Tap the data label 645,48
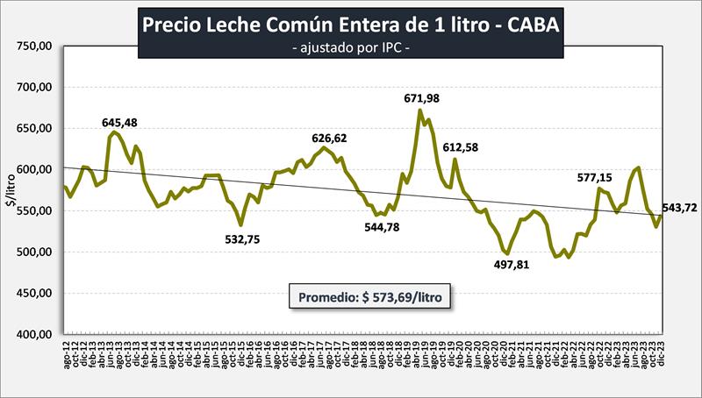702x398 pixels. tap(120, 122)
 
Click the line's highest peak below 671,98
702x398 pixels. tap(420, 110)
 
